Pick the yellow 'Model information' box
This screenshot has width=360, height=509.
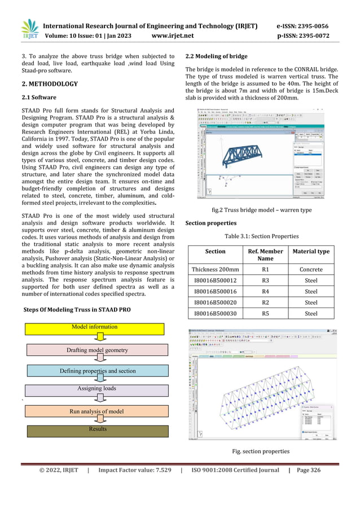[x=95, y=327]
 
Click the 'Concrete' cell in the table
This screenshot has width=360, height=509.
[x=311, y=270]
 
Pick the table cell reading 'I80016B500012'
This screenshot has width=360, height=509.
[x=215, y=280]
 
